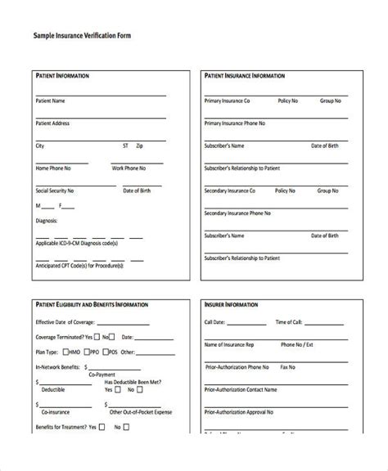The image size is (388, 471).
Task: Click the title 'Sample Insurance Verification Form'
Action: point(82,36)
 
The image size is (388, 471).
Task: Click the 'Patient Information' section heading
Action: point(63,75)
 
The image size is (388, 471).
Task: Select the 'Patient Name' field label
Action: point(50,101)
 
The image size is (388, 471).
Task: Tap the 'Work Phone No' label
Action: point(129,168)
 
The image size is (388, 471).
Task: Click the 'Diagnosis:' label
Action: point(47,220)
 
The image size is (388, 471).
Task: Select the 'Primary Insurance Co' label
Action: point(227,101)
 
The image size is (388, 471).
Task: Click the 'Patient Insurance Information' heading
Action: point(244,75)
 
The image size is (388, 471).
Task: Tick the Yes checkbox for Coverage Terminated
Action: point(98,336)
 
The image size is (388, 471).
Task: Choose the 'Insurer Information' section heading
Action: point(230,303)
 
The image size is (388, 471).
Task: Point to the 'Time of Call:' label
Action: point(292,322)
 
